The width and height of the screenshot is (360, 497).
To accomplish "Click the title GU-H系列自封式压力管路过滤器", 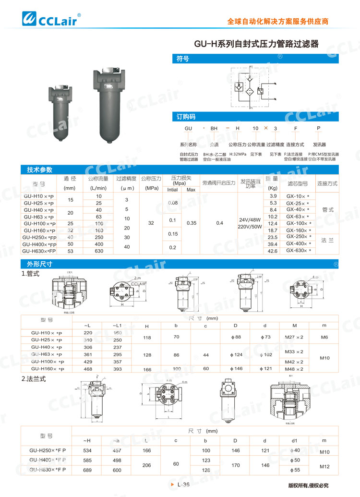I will (256, 44).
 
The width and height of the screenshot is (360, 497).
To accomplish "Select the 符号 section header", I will (182, 59).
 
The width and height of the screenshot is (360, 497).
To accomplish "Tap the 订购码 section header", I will (186, 116).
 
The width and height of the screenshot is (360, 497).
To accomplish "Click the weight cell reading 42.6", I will (273, 251).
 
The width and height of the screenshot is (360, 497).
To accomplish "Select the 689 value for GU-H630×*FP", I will (87, 470).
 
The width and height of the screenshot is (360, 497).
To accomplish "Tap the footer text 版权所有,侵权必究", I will (308, 485).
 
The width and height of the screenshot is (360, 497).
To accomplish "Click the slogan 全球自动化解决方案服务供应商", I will (277, 22).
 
